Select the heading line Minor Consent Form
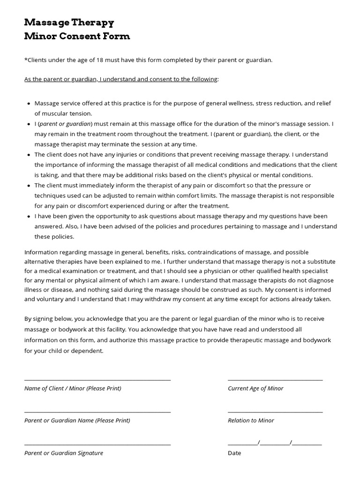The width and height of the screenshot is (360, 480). pos(77,36)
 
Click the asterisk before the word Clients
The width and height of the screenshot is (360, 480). pos(26,60)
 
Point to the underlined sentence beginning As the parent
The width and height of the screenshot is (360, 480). pos(121,79)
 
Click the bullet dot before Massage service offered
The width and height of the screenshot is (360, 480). pos(29,104)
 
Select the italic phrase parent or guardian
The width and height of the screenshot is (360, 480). pos(65,124)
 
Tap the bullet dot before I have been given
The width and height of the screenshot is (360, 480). pos(29,217)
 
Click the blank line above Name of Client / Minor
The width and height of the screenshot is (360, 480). pos(97,380)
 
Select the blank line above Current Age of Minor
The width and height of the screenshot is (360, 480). pos(275,380)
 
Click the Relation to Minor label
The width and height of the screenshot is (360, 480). pos(251,420)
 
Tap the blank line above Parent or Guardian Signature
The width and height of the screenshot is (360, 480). pos(97,444)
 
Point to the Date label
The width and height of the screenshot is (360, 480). pos(234,453)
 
